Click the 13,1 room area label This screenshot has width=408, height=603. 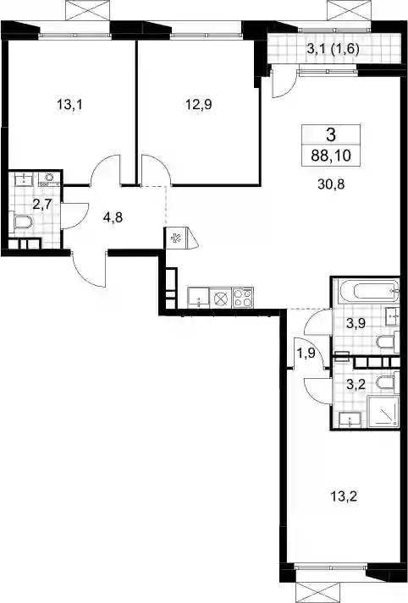click(x=69, y=104)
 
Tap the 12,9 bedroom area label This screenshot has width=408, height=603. click(x=199, y=104)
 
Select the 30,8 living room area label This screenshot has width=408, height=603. click(x=331, y=184)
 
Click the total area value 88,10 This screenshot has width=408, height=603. click(x=331, y=156)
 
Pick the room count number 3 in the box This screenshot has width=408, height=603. click(x=331, y=134)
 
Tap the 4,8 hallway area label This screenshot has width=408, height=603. click(x=113, y=217)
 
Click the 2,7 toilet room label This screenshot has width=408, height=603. click(x=42, y=204)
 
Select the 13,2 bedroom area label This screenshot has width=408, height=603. click(x=345, y=496)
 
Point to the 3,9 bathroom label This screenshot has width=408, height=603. click(x=356, y=323)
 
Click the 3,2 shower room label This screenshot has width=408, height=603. click(x=356, y=384)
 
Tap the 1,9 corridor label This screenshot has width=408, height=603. click(x=306, y=353)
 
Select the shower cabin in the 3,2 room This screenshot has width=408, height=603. click(x=383, y=412)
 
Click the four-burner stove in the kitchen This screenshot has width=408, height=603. click(x=243, y=298)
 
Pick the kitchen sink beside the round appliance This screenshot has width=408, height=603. click(x=198, y=298)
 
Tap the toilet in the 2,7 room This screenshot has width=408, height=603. click(x=23, y=223)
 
